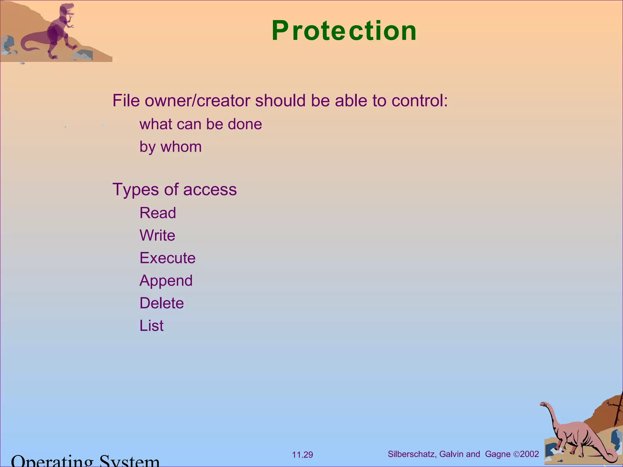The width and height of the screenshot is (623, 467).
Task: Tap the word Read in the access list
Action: point(158,213)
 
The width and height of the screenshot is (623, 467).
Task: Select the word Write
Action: point(157,235)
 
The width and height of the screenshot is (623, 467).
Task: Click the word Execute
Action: point(167,258)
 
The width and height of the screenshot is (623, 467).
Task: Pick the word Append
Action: point(166,280)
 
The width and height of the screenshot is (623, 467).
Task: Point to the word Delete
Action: point(162,303)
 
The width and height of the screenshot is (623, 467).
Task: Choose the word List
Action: point(151,326)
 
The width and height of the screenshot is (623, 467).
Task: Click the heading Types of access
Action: point(174,189)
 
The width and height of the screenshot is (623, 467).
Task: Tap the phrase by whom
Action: point(170,147)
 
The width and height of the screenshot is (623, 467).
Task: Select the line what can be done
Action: point(200,124)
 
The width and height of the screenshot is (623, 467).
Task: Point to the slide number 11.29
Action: point(302,455)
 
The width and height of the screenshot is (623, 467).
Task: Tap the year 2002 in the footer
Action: point(529,454)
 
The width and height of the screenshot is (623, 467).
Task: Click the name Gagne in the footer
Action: point(498,454)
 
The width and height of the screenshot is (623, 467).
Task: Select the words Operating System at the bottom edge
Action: point(85,461)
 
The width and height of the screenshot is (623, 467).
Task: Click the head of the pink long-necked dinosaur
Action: point(543,404)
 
